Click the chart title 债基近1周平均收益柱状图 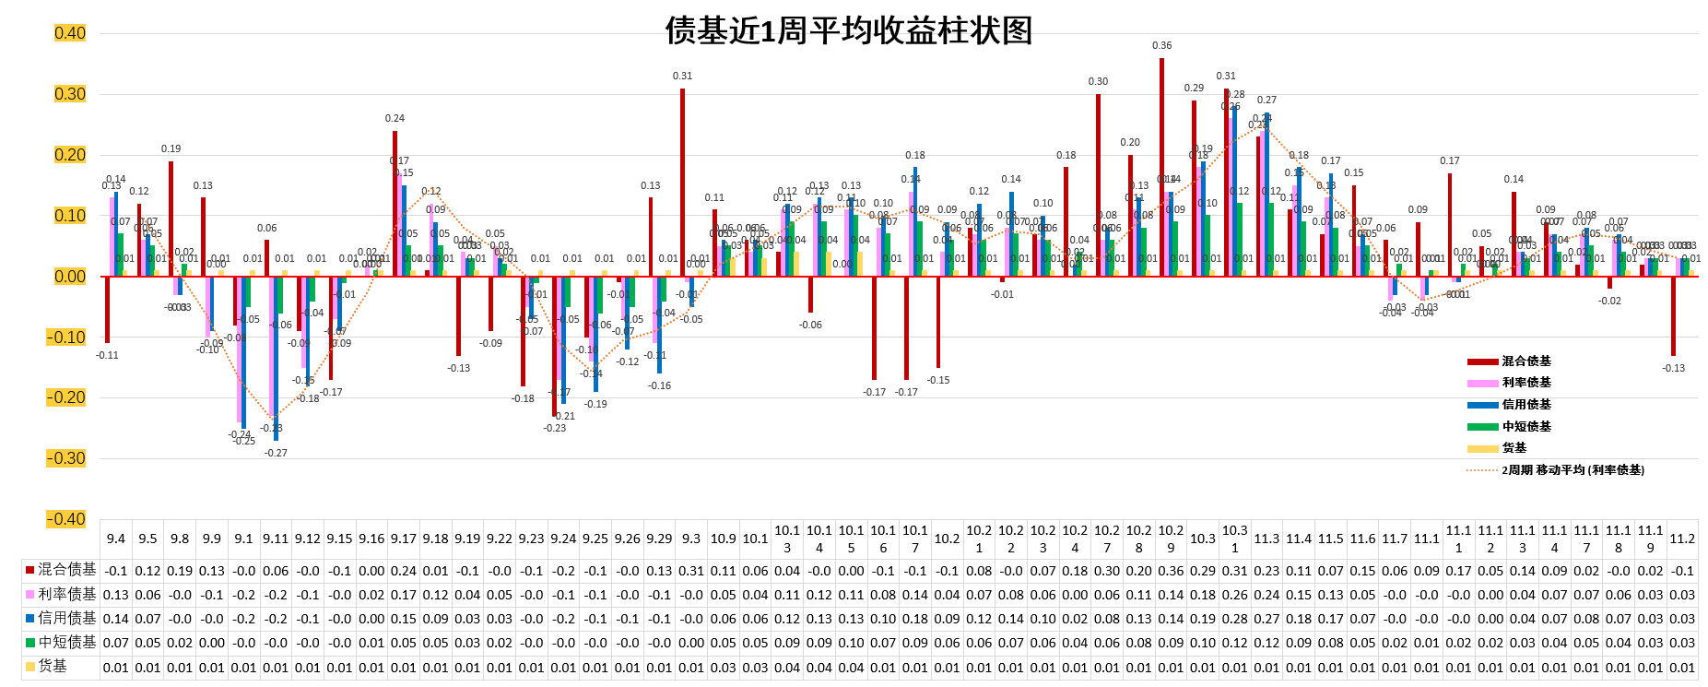(x=848, y=31)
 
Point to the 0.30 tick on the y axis (x=70, y=94)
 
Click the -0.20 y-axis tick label (x=66, y=397)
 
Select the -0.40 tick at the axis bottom (x=66, y=519)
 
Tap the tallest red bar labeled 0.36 (x=1161, y=166)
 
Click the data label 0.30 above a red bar (x=1098, y=81)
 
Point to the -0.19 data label (x=596, y=404)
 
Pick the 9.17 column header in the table (x=404, y=539)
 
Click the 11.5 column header (x=1330, y=539)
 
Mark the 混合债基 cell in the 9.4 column (x=116, y=571)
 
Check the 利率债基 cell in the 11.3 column (x=1266, y=595)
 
